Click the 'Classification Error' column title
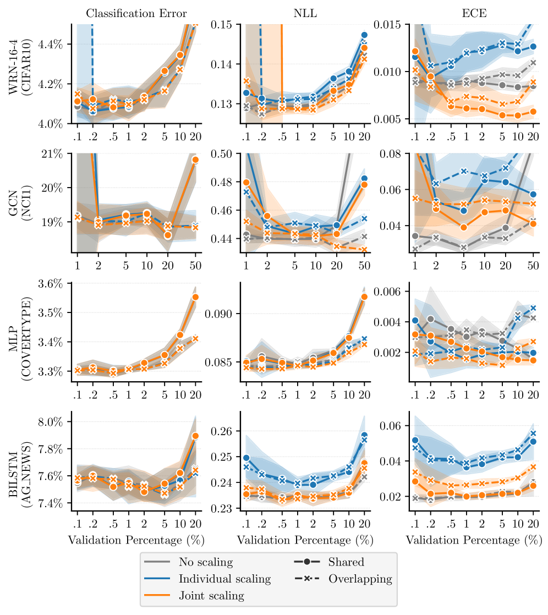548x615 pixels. coord(136,13)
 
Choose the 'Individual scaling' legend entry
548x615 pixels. coord(224,579)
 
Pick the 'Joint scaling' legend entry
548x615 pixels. coord(211,595)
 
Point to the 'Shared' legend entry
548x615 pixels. coord(346,562)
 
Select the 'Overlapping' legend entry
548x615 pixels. coord(360,579)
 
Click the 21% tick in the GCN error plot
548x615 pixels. coord(57,153)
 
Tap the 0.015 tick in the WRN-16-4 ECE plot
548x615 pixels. coord(391,25)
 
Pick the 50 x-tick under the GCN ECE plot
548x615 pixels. coord(533,265)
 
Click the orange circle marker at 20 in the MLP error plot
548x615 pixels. coord(195,297)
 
